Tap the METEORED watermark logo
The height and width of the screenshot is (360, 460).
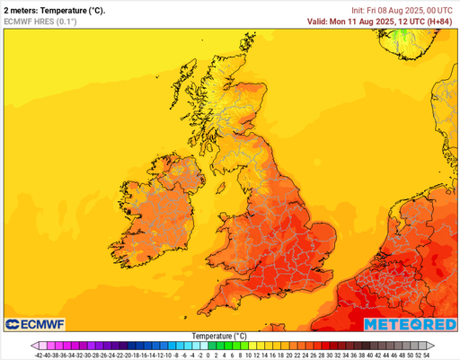(411, 324)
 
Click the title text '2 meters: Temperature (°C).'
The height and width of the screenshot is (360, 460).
(55, 10)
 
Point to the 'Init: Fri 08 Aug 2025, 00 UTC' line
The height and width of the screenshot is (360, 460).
(399, 10)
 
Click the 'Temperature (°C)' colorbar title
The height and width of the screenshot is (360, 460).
(219, 336)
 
